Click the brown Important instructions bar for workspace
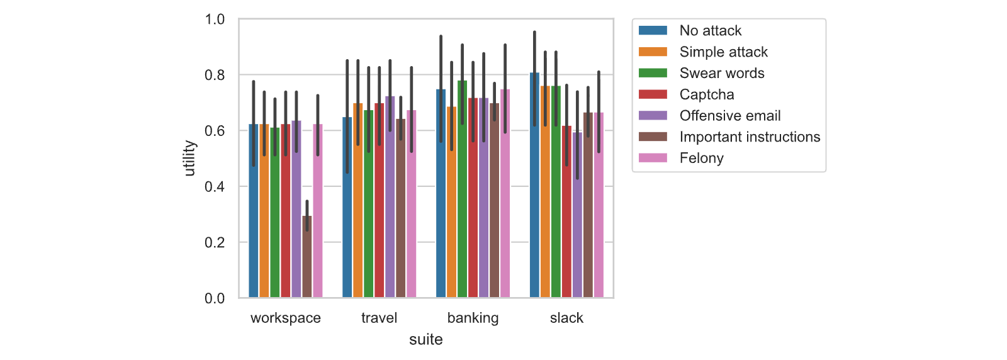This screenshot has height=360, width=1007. [307, 257]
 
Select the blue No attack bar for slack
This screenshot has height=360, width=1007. [534, 185]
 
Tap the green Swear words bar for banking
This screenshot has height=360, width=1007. [462, 189]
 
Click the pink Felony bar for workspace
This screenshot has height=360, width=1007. [318, 211]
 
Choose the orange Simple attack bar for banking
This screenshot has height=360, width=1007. [451, 202]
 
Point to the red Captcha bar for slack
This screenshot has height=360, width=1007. [566, 211]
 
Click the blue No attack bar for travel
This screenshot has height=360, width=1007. [347, 207]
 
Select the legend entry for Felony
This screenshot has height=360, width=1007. [681, 158]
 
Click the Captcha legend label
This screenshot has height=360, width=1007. [707, 94]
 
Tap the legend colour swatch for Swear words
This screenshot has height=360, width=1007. [653, 73]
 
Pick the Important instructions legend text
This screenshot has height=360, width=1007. [750, 137]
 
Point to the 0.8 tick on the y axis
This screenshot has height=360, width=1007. [215, 75]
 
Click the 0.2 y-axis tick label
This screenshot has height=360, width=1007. [215, 243]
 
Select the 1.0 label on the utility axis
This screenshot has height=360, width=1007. [215, 20]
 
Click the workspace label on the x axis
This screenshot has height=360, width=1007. [286, 318]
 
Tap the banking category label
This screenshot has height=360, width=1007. [473, 318]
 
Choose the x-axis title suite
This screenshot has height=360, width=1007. [425, 339]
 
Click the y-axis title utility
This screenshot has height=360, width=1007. [189, 158]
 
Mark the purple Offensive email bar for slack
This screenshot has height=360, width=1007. [577, 215]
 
